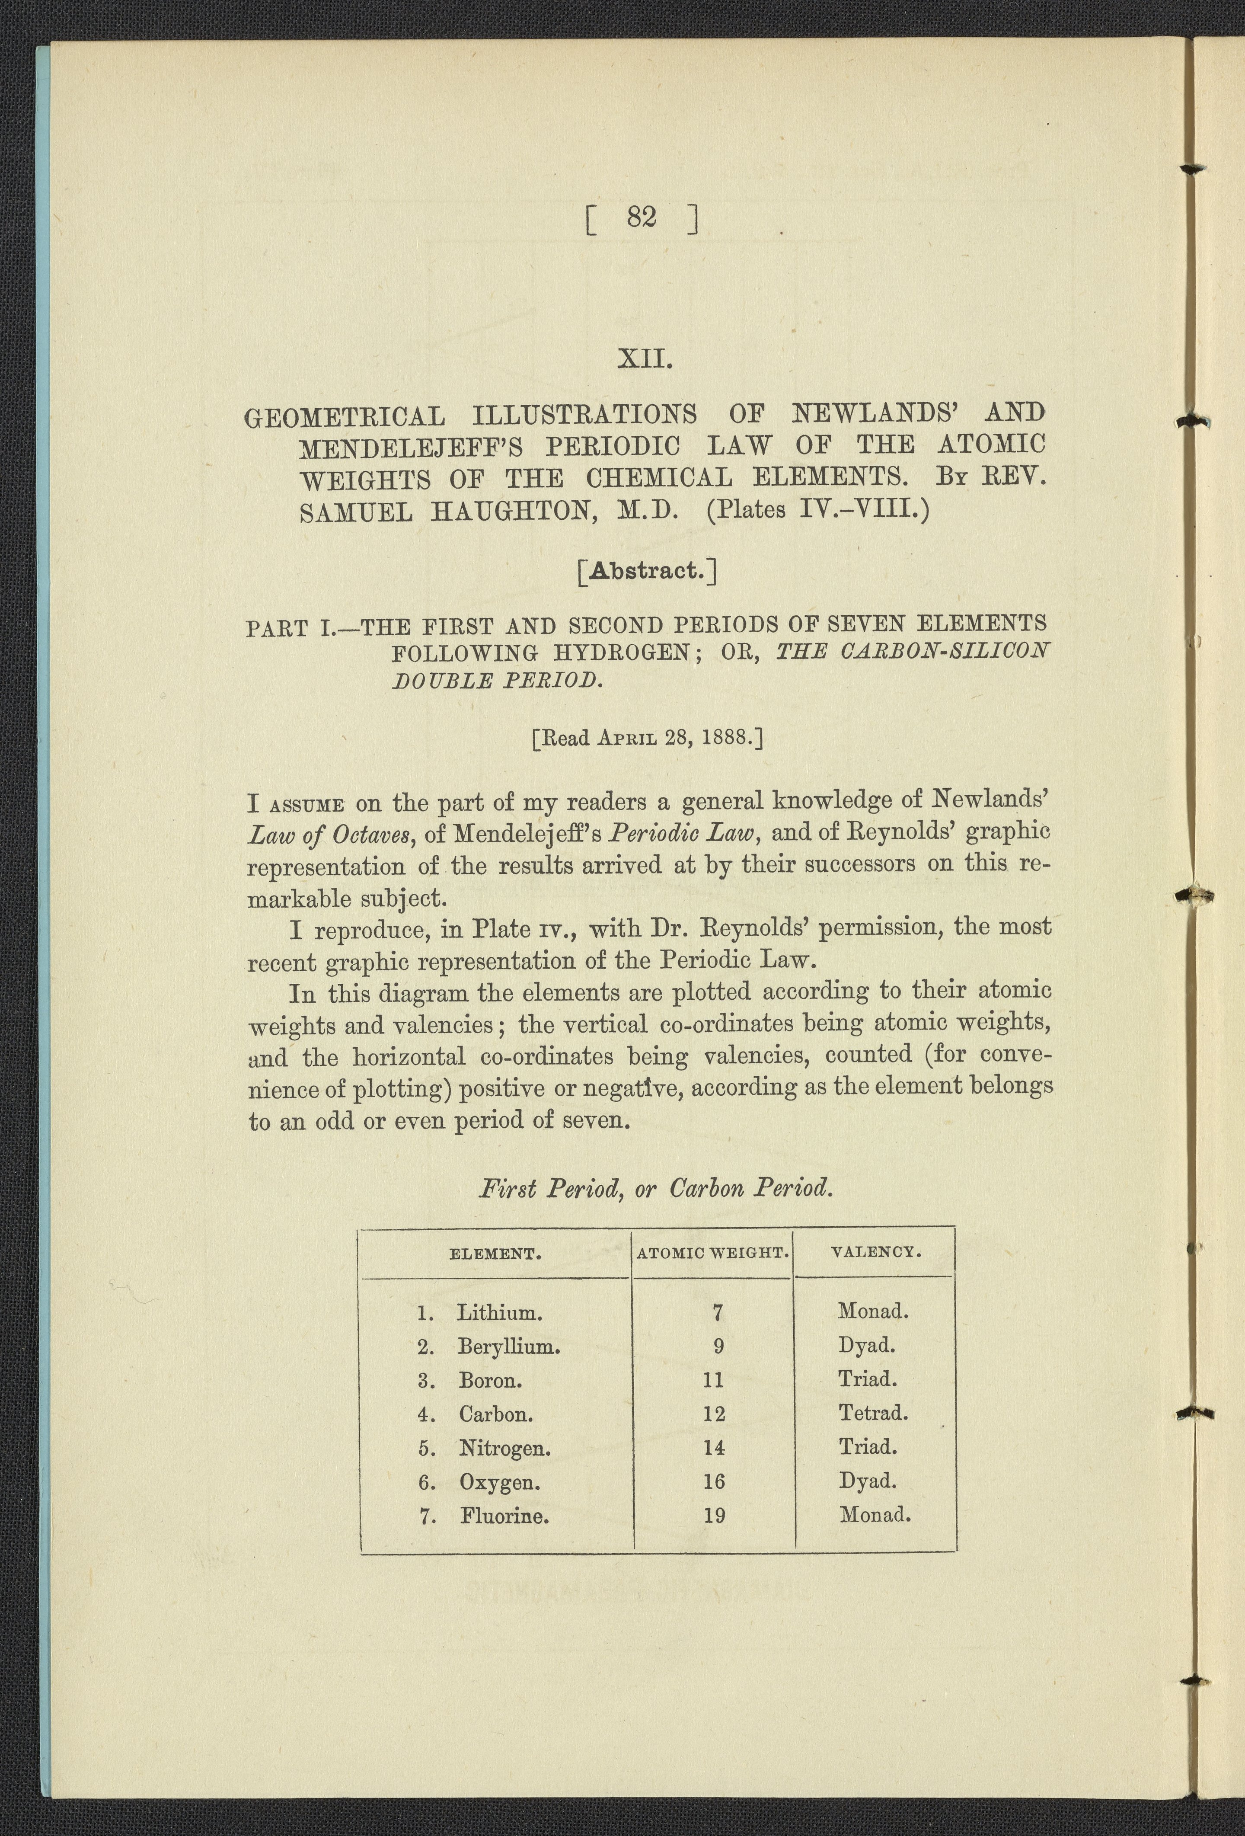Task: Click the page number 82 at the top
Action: pyautogui.click(x=642, y=217)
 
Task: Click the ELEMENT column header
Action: pyautogui.click(x=495, y=1253)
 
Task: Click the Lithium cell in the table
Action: pyautogui.click(x=499, y=1313)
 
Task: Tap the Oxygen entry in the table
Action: pyautogui.click(x=499, y=1482)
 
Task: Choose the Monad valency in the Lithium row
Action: pyautogui.click(x=873, y=1311)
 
